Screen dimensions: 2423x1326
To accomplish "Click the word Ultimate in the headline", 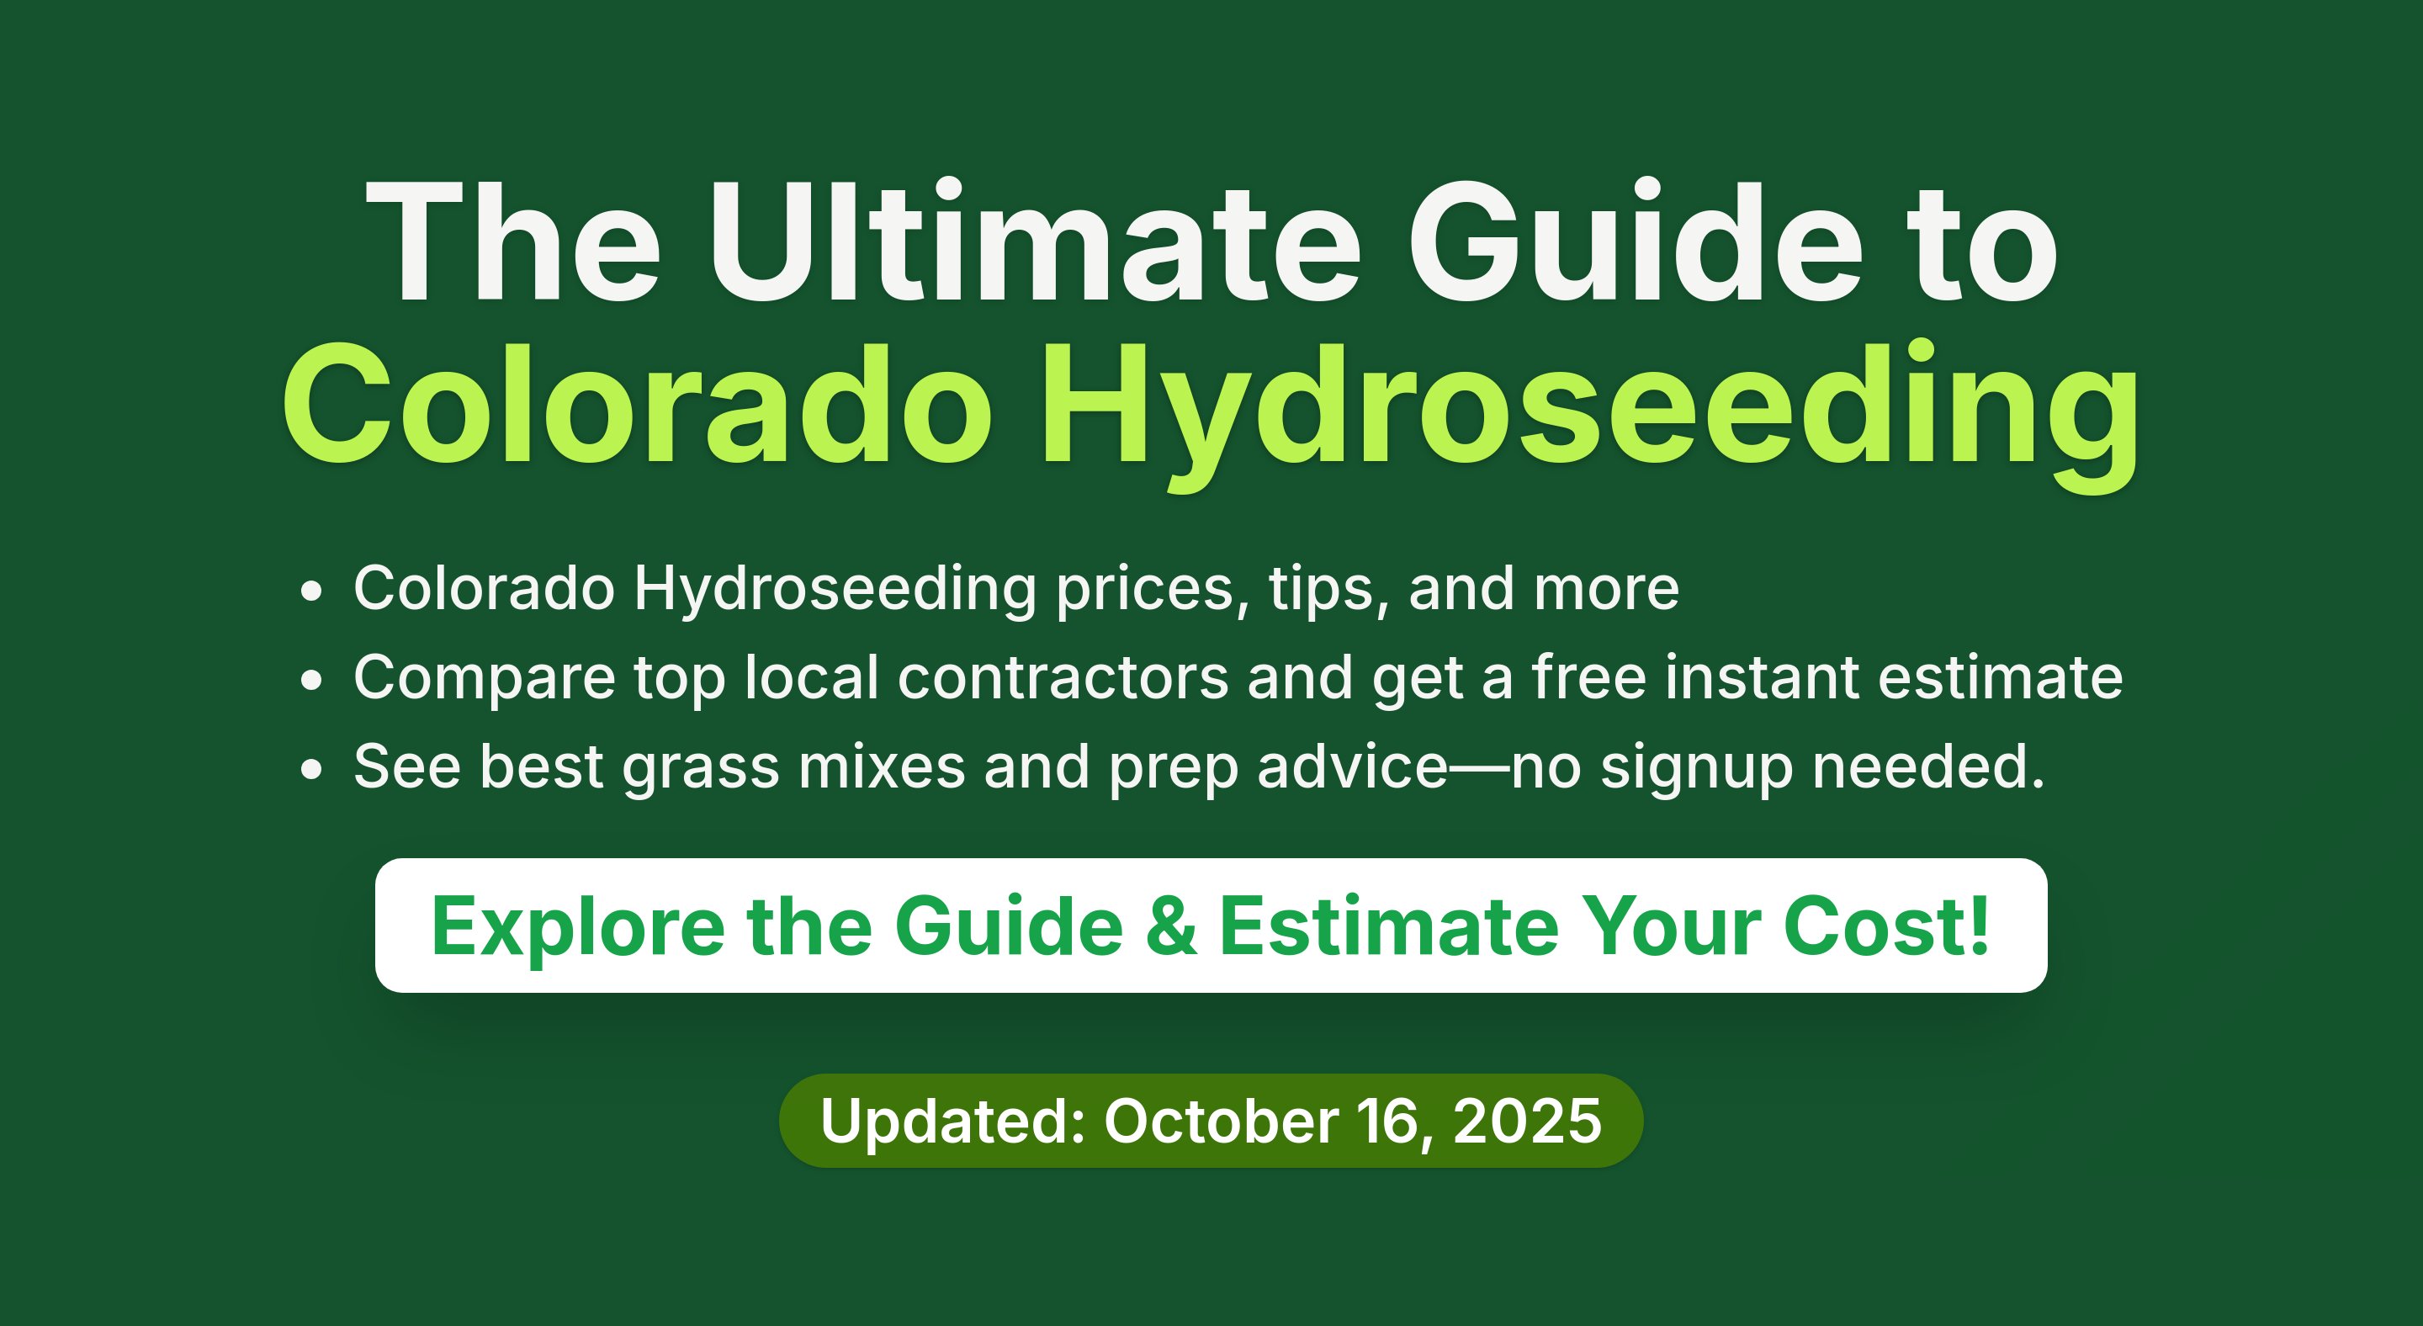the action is [x=1035, y=241].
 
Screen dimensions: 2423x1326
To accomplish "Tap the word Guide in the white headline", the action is [x=1636, y=241].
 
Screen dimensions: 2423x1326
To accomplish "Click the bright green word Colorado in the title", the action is [x=637, y=405].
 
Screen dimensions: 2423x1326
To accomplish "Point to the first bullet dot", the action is [x=311, y=592].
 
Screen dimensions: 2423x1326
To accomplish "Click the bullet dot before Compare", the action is [x=311, y=681].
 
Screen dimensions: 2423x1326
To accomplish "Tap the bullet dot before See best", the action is [x=311, y=770].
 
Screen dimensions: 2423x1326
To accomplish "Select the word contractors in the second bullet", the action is [x=1063, y=677].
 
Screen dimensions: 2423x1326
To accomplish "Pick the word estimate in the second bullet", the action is [x=2001, y=677].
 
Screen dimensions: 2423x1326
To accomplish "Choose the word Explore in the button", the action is [x=577, y=929].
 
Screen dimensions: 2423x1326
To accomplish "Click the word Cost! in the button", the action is [x=1886, y=926].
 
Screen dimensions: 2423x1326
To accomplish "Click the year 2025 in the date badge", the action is [x=1527, y=1121].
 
